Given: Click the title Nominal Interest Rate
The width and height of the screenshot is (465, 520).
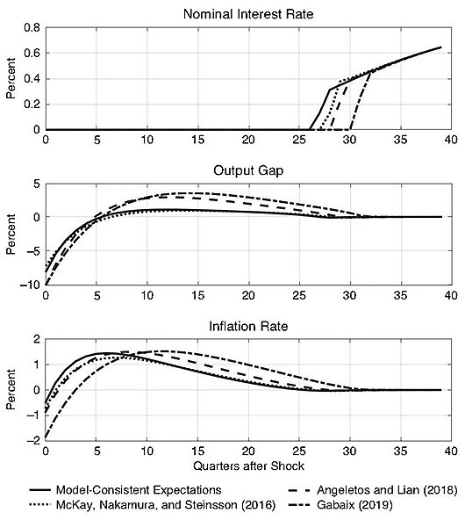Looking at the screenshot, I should (x=247, y=14).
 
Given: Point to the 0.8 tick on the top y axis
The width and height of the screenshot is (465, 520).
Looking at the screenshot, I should (x=32, y=28).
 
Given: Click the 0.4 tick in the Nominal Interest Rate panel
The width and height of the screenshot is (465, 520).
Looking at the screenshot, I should (x=32, y=79).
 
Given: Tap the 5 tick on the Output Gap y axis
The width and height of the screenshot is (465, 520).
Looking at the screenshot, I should (x=35, y=184).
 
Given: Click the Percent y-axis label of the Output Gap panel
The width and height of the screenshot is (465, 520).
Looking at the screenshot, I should (x=11, y=235).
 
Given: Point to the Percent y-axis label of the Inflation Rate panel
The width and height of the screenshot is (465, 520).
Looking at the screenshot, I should (x=11, y=391).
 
